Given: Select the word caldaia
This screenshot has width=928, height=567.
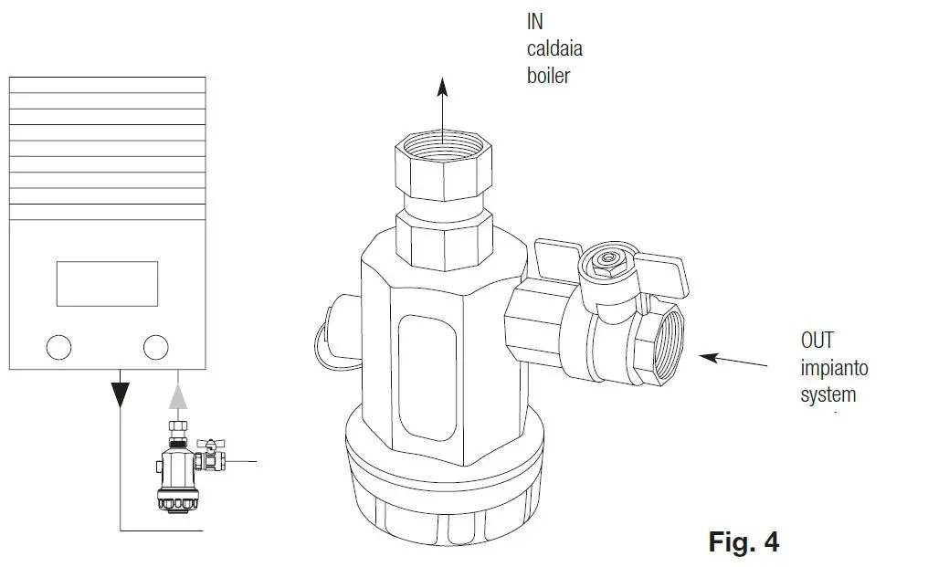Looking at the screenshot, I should point(554,48).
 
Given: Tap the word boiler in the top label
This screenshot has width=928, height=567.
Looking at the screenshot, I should point(548,76).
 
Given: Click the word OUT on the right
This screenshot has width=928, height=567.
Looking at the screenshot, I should point(817,341).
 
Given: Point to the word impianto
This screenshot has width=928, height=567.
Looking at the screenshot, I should point(834,368).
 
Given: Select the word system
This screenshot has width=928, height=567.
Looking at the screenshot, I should point(828,395).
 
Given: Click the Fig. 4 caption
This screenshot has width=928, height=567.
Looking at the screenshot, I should point(743,541).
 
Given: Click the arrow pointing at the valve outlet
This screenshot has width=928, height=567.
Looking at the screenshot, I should point(736,360).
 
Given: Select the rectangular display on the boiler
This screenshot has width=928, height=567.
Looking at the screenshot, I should point(107,283).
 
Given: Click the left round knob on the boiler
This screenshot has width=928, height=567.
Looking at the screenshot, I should point(58,347).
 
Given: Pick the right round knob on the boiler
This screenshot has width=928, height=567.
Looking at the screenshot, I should point(156,347).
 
